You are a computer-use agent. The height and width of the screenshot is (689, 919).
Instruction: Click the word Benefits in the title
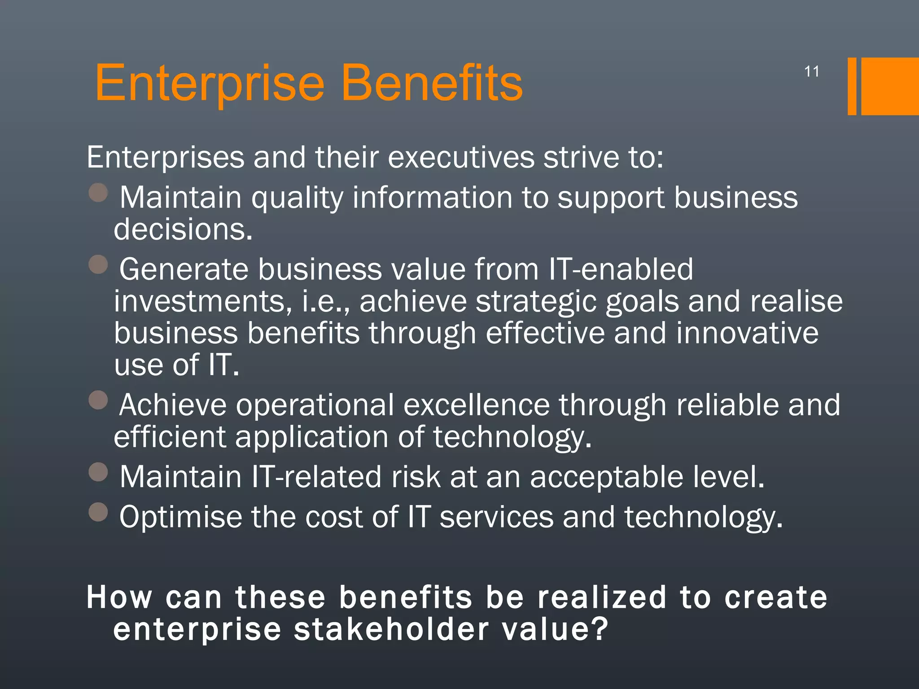[x=432, y=83]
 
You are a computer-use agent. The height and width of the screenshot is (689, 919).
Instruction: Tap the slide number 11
[x=811, y=72]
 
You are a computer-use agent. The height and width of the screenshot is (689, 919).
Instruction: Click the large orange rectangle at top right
[x=890, y=86]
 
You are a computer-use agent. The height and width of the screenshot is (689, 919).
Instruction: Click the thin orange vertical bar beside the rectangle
[x=852, y=86]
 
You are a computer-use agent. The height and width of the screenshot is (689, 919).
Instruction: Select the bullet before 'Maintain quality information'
[x=98, y=193]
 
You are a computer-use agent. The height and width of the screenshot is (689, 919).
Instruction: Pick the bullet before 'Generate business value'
[x=98, y=265]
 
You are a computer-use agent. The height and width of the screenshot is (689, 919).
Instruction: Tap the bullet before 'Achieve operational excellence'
[x=98, y=400]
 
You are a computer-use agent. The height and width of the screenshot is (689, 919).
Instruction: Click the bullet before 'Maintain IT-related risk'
[x=98, y=472]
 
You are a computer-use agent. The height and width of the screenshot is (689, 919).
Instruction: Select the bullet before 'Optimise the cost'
[x=98, y=512]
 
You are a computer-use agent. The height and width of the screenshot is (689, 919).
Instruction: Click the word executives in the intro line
[x=461, y=158]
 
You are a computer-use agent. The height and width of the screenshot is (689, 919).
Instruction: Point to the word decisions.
[x=183, y=230]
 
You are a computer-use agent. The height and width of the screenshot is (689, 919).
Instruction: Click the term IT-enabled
[x=621, y=269]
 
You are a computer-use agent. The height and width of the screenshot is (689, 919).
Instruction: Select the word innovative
[x=747, y=333]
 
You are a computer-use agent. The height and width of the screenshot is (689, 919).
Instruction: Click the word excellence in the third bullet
[x=476, y=405]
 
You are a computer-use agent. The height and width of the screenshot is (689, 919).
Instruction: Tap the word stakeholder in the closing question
[x=391, y=629]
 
